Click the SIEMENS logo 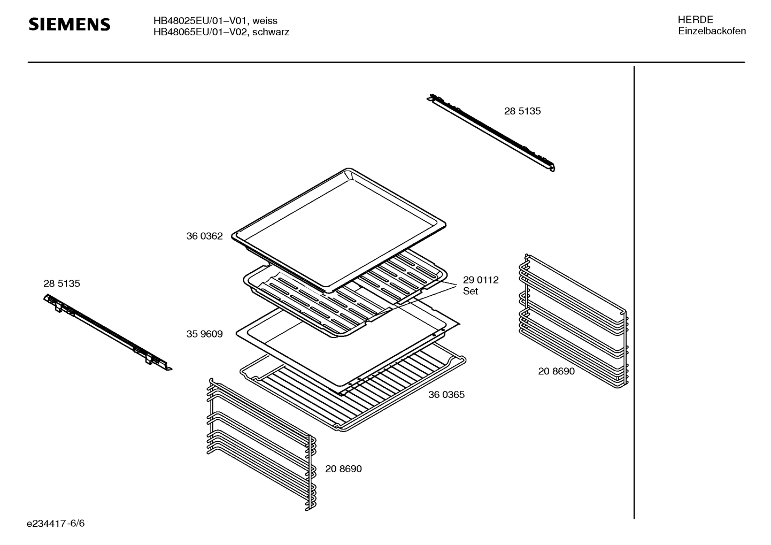(x=69, y=25)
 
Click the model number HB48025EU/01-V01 (x=200, y=21)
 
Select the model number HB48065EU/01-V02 (x=200, y=32)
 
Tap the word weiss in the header (x=265, y=21)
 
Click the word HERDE (x=695, y=20)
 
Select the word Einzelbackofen (x=712, y=31)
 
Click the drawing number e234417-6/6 (x=56, y=523)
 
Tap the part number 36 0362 (x=204, y=236)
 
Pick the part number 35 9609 (x=204, y=334)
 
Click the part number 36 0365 (x=446, y=395)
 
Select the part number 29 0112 (x=481, y=280)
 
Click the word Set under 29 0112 (x=471, y=291)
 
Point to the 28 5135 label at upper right (x=522, y=111)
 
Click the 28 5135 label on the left (x=61, y=283)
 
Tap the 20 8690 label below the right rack (x=556, y=371)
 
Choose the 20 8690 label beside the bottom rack (x=343, y=469)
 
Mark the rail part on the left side (x=107, y=332)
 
